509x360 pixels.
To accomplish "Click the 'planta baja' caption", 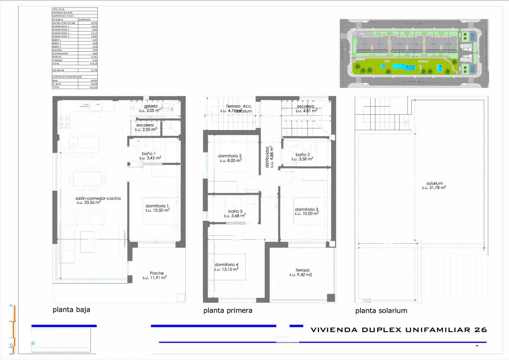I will coord(74,310).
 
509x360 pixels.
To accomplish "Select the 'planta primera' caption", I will coord(228,310).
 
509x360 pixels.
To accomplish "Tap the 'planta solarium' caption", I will coord(381,311).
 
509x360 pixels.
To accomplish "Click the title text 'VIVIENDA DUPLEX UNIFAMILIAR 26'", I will coord(399,330).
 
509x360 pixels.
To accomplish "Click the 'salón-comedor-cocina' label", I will coord(98,198).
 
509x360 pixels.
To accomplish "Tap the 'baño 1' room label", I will coord(149,153).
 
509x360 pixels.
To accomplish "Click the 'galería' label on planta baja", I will coord(150,106).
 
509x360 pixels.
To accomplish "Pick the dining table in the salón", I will coord(88,178).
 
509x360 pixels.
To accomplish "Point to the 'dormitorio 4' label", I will coord(226,265).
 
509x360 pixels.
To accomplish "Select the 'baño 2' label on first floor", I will coord(235,211).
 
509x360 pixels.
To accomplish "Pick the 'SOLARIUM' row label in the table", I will coord(59,70).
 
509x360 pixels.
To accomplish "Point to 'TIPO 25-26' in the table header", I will coord(59,9).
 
